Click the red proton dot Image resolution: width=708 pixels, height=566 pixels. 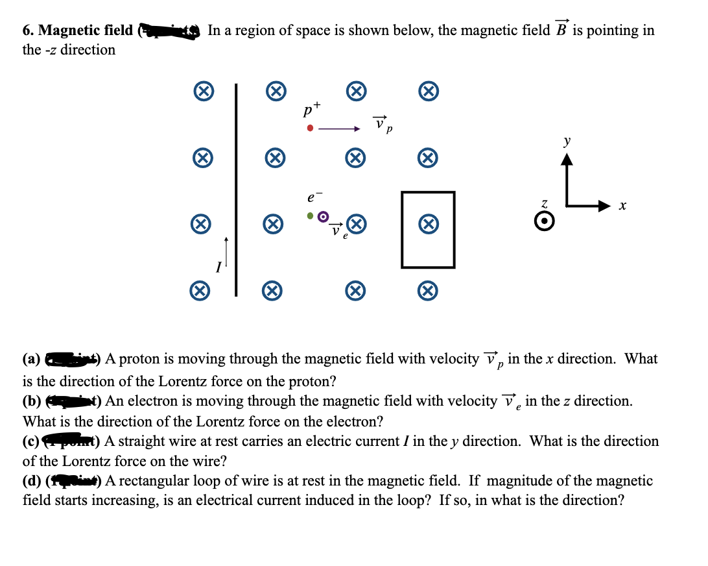pos(311,129)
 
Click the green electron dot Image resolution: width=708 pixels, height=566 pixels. pos(311,215)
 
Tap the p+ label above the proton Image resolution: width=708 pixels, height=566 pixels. pos(312,108)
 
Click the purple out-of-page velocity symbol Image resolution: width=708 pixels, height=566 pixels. pos(324,216)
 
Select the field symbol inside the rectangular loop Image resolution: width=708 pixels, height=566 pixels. pos(427,225)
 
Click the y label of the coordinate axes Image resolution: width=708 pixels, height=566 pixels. pos(567,141)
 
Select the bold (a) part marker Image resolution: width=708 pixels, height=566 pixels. pos(31,359)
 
